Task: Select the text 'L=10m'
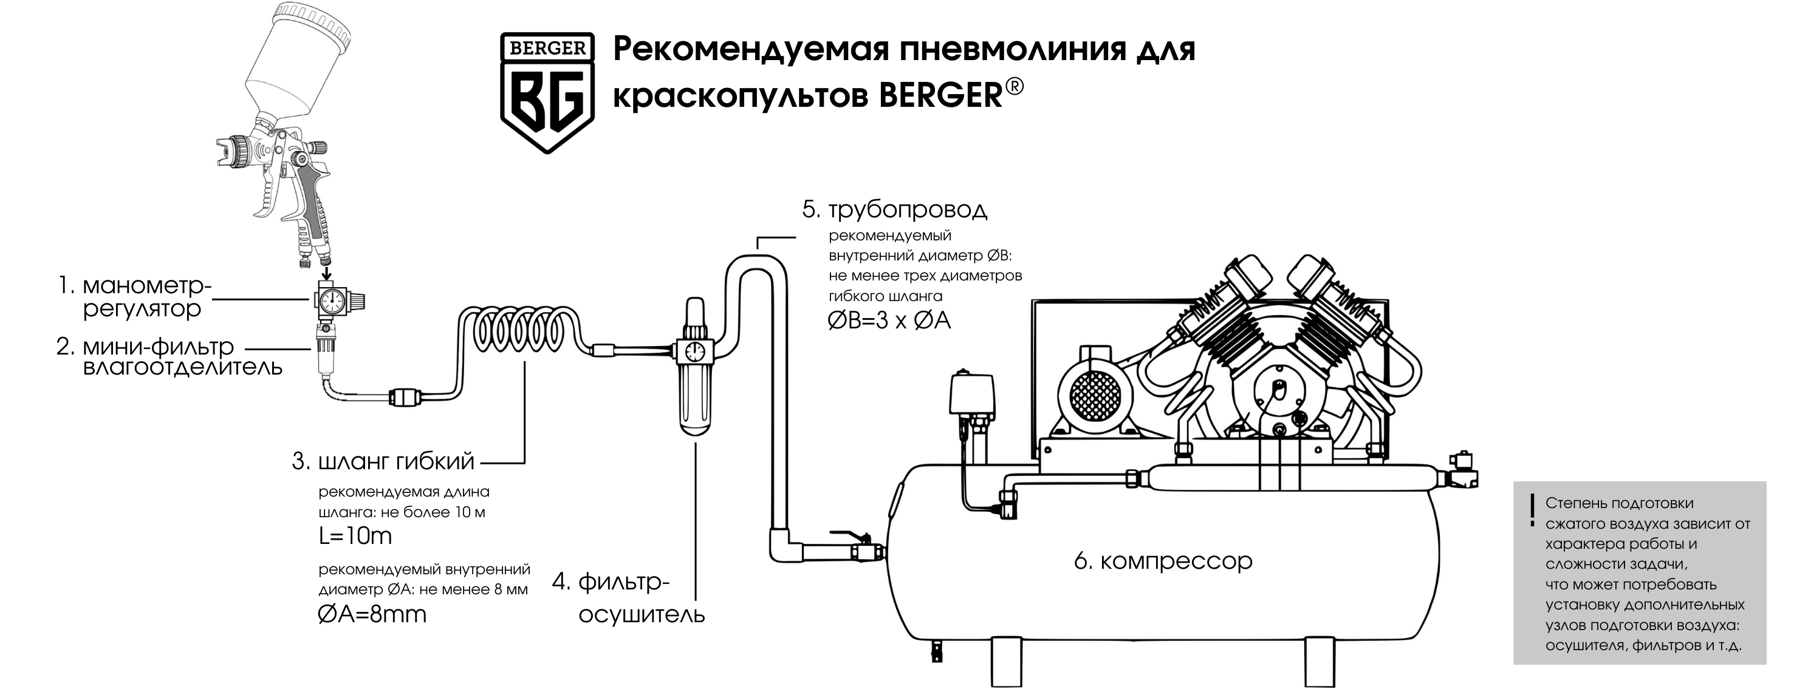355,536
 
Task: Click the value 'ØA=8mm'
372,614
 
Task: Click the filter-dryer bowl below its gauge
694,396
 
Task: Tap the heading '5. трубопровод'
895,209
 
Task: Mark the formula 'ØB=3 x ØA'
889,321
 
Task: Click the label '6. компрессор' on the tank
1163,561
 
